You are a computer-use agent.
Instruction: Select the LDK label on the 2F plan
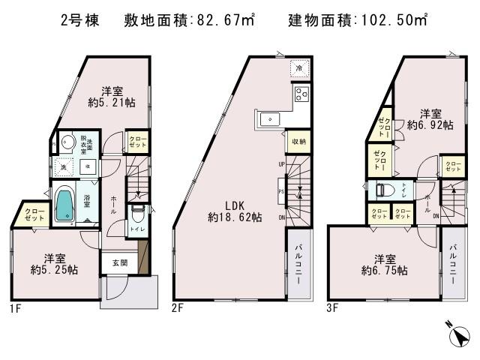[223, 204]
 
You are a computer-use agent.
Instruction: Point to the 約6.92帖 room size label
[430, 126]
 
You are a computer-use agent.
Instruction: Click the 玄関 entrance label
[120, 262]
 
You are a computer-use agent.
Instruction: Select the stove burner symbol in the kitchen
[301, 94]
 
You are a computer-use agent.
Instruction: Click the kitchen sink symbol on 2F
[268, 118]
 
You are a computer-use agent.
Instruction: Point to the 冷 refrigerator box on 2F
[299, 67]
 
